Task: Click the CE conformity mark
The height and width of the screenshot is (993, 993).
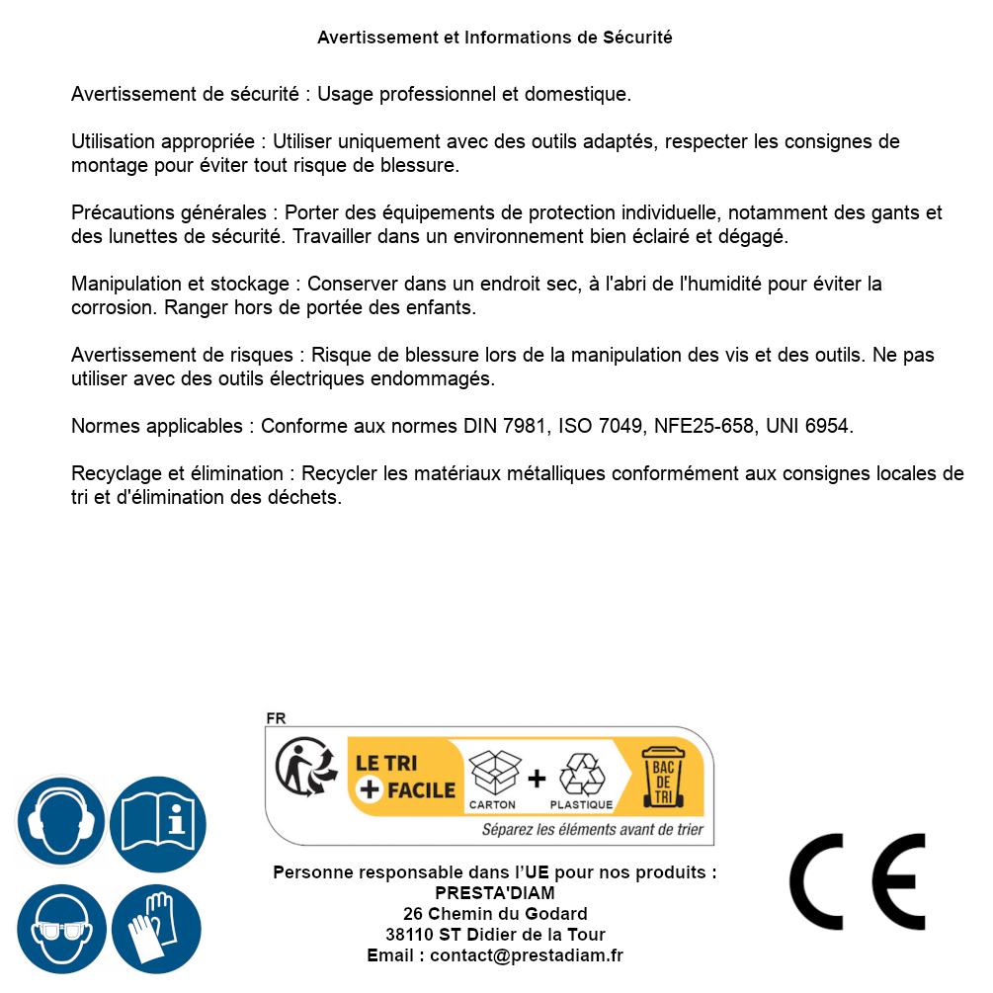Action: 857,882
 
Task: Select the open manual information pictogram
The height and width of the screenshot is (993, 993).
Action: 158,822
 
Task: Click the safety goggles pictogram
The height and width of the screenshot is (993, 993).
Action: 61,930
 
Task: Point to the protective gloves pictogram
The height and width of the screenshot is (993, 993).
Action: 156,930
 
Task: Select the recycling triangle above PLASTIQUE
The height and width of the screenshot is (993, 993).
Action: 581,774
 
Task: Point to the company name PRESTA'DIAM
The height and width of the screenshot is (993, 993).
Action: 494,893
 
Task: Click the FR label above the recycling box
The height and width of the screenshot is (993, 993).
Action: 276,719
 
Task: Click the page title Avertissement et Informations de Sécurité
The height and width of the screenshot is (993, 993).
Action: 494,38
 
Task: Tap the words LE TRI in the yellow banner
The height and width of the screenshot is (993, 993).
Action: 385,764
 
